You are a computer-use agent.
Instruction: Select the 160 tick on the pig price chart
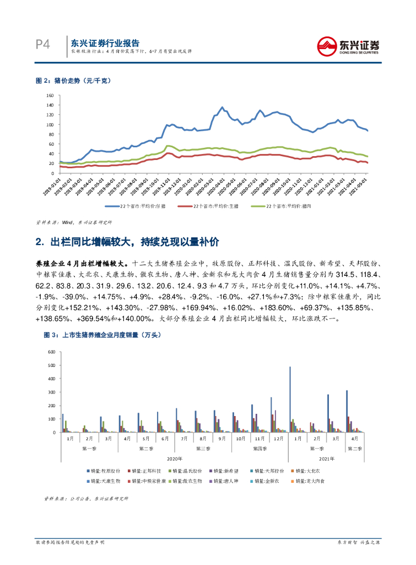(x=50, y=95)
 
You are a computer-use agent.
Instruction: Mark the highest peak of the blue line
(x=222, y=108)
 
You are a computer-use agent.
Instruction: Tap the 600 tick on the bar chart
(x=51, y=351)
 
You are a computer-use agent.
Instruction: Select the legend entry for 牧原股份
(x=102, y=471)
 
